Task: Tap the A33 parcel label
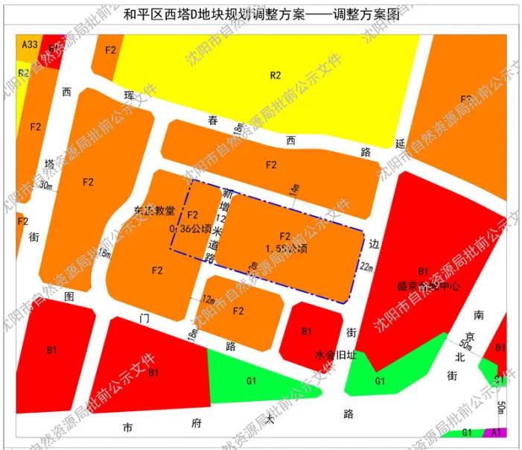point(29,45)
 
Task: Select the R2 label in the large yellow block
point(276,75)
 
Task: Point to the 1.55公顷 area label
point(284,247)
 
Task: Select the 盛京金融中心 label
point(428,285)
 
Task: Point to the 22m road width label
point(366,266)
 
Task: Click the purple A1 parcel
point(496,432)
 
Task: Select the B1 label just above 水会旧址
point(306,331)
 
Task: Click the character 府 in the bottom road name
point(197,424)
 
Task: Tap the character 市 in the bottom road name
point(129,428)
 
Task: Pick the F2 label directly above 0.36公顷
point(192,216)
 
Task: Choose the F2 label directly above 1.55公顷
point(284,236)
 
